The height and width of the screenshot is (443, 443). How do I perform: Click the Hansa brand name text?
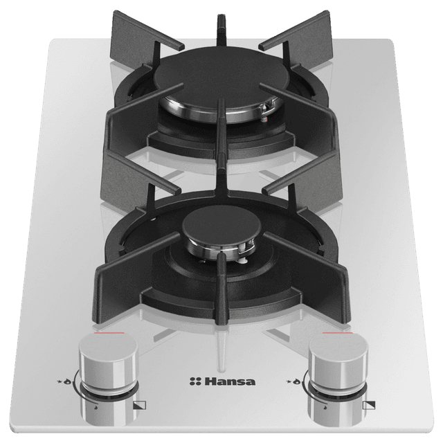click(230, 381)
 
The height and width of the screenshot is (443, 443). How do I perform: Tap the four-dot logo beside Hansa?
click(195, 381)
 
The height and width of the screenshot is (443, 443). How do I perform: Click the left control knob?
click(109, 379)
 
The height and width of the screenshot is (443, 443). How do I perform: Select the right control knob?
click(338, 379)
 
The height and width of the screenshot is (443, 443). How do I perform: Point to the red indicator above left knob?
click(109, 333)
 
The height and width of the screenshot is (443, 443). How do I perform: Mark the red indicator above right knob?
click(337, 333)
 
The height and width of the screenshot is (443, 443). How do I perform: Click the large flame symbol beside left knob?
click(66, 382)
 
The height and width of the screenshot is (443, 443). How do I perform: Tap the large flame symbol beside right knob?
click(297, 382)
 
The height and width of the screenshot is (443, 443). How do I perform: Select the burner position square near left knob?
click(139, 405)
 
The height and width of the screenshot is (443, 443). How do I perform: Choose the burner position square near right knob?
click(369, 405)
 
